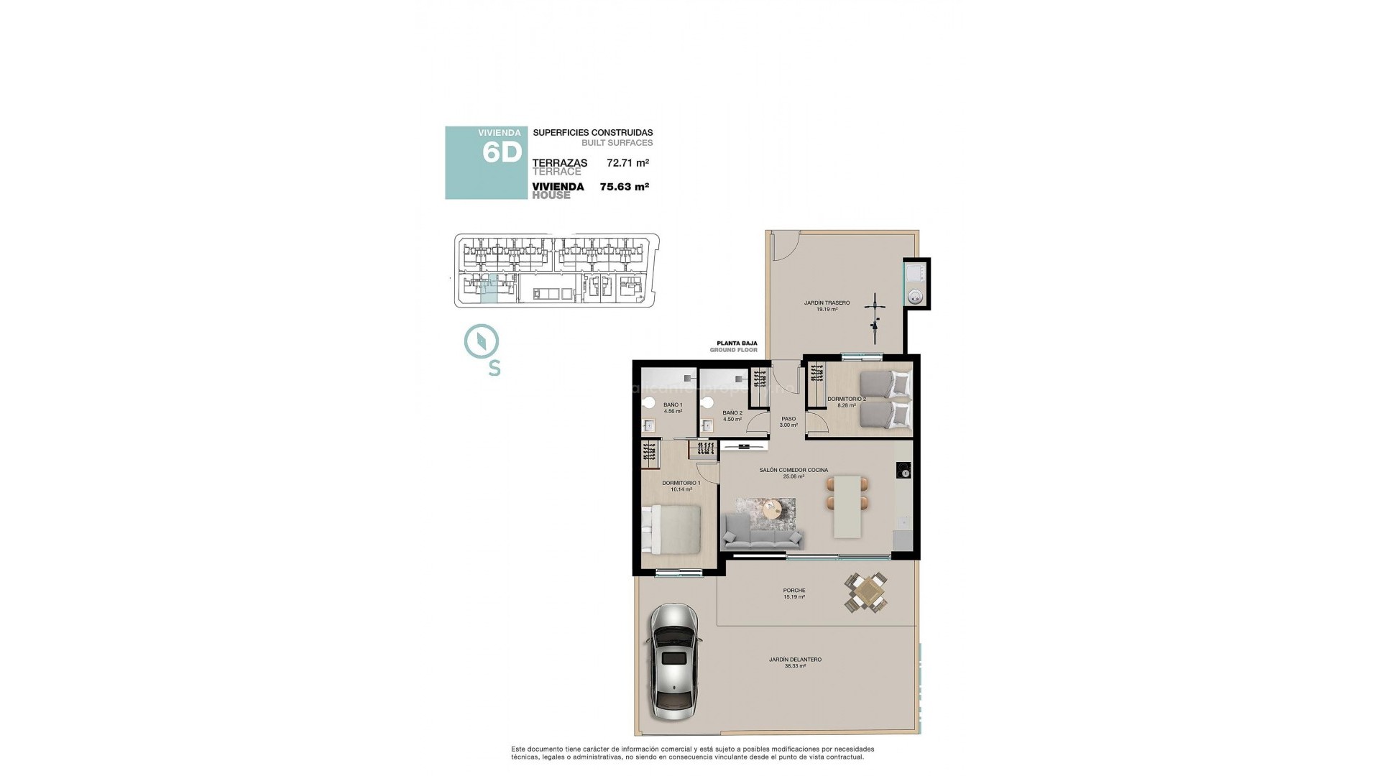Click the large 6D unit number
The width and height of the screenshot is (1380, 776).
pyautogui.click(x=501, y=153)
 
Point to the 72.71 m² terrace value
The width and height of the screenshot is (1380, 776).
pyautogui.click(x=627, y=163)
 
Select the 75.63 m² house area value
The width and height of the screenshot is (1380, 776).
pyautogui.click(x=624, y=187)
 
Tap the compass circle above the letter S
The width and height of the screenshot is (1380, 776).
pyautogui.click(x=482, y=341)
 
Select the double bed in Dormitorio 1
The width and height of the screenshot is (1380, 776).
pyautogui.click(x=672, y=529)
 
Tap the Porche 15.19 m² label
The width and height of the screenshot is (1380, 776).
pyautogui.click(x=793, y=593)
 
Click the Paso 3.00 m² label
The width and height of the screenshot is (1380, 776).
pyautogui.click(x=788, y=422)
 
